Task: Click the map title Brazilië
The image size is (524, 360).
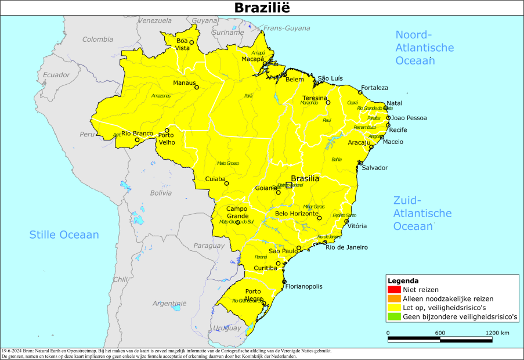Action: pos(262,8)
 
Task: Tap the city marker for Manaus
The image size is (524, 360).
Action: pos(196,88)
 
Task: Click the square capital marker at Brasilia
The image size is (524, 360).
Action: pos(288,186)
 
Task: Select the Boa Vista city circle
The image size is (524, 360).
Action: pos(191,42)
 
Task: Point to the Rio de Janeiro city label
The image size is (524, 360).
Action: pos(346,247)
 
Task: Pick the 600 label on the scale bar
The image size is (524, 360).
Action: pos(440,333)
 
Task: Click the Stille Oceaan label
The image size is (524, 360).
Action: pos(64,235)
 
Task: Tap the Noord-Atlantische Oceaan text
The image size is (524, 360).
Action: pos(424,47)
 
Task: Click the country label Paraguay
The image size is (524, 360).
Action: pos(208,246)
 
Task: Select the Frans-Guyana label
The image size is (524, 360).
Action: pos(287,28)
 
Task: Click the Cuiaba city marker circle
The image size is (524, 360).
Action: pos(227,183)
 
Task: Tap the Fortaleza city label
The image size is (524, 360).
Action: pos(374,88)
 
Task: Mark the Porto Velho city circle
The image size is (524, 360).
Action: pos(167,131)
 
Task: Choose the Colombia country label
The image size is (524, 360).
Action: pos(97,39)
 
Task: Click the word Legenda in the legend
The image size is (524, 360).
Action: pos(403,280)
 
